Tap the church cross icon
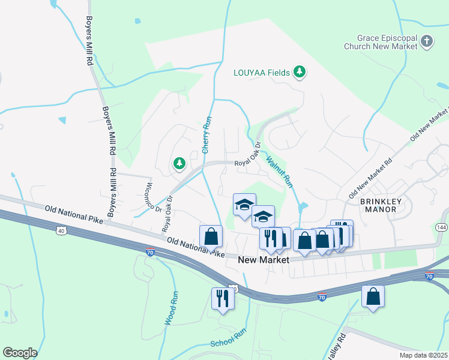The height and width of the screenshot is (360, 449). click(x=427, y=41)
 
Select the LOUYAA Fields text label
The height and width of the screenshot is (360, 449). click(x=261, y=73)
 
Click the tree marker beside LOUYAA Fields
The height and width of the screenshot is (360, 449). click(x=300, y=73)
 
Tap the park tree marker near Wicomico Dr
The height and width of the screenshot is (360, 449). click(x=179, y=163)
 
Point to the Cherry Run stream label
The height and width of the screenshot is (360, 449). click(x=206, y=135)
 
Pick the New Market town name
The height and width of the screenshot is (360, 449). click(x=264, y=260)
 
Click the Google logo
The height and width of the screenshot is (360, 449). click(x=20, y=353)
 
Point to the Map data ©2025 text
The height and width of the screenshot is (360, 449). click(x=422, y=355)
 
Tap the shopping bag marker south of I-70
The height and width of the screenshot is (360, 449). click(x=373, y=295)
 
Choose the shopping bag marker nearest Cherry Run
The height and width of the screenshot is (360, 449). click(x=211, y=236)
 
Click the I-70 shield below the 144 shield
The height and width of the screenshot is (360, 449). click(x=429, y=276)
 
